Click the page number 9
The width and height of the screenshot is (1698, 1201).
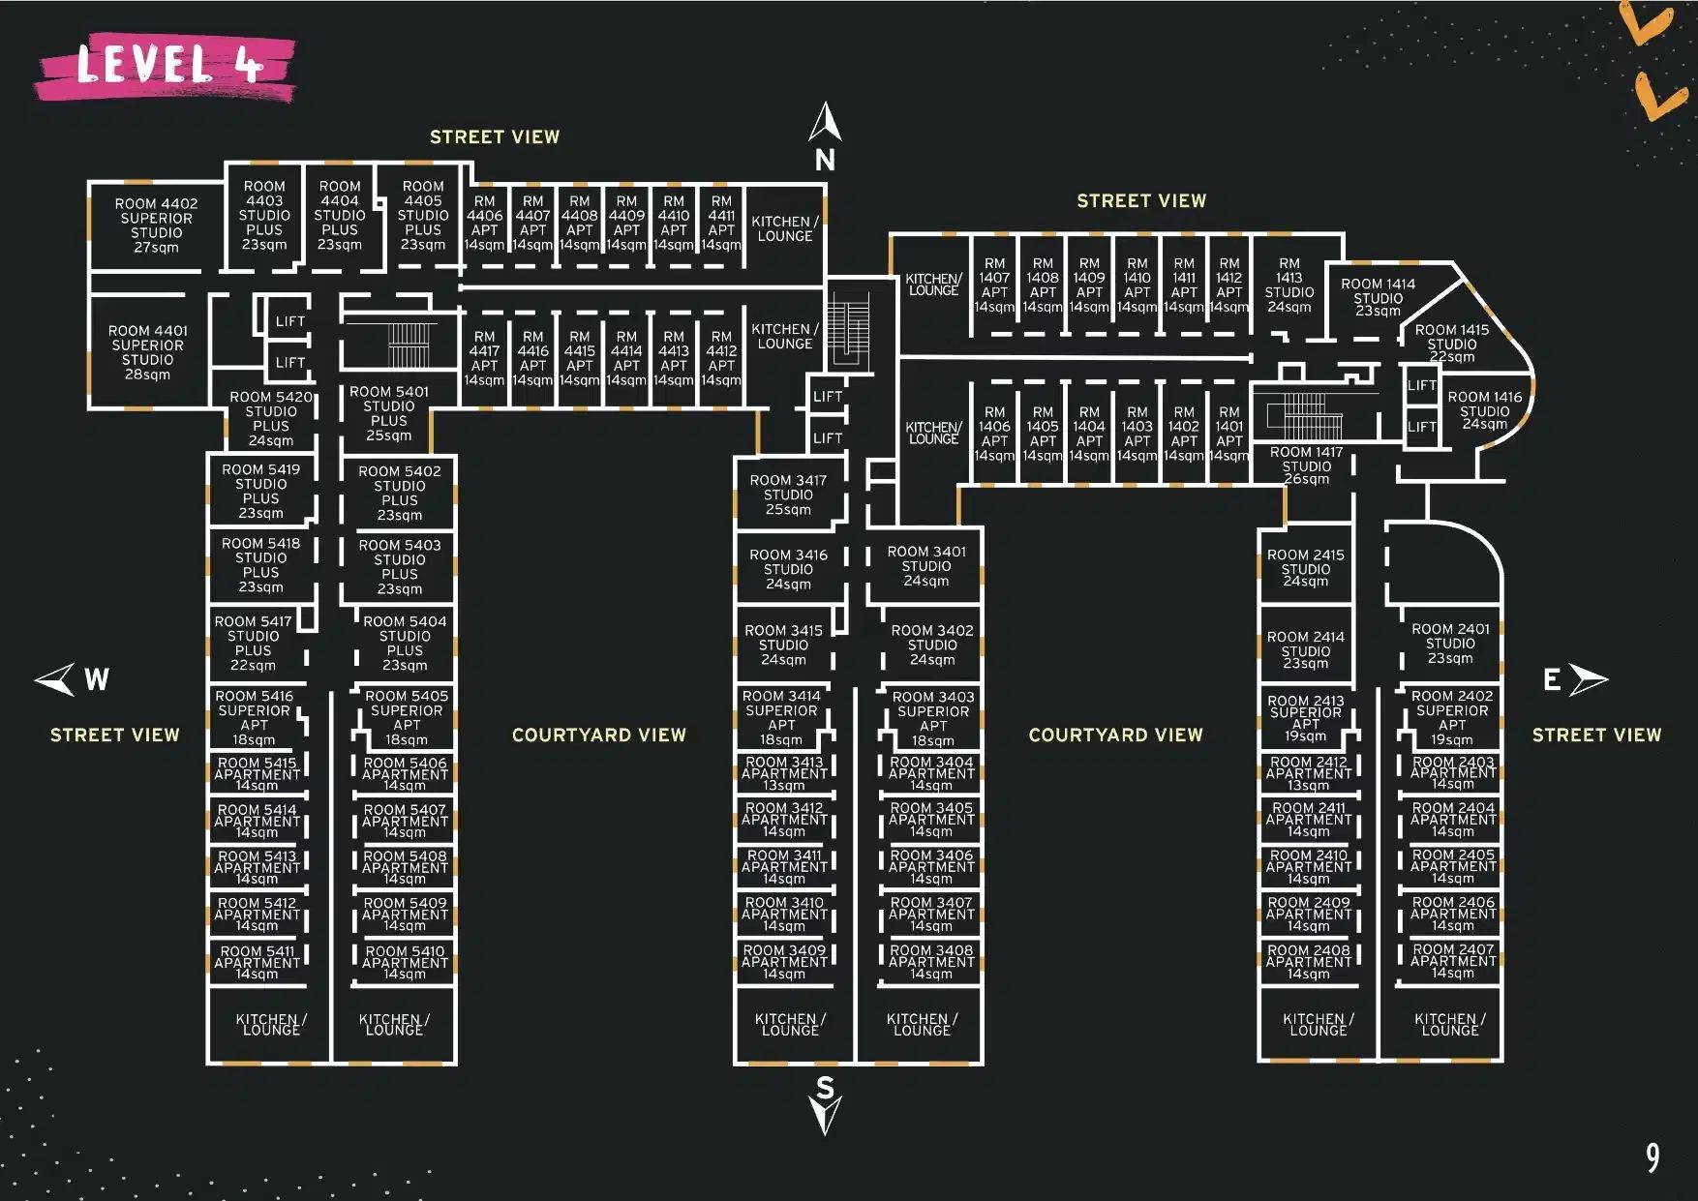[x=1652, y=1157]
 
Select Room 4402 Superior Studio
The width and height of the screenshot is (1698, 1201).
[x=156, y=225]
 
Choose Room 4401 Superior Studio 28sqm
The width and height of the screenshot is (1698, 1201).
[x=148, y=352]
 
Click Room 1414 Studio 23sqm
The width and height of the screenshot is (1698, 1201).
[x=1378, y=297]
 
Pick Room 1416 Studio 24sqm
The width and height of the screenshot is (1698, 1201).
[x=1484, y=410]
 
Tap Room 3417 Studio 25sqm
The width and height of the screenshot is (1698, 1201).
[x=788, y=495]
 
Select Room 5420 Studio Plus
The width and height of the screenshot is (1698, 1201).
[x=271, y=418]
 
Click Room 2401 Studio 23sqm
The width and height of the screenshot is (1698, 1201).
[x=1449, y=644]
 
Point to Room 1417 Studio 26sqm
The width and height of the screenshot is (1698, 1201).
[x=1306, y=465]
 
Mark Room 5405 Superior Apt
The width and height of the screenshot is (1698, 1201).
[x=407, y=717]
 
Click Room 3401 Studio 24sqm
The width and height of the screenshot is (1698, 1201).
[x=926, y=566]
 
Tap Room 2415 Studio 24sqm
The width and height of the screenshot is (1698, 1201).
[x=1305, y=568]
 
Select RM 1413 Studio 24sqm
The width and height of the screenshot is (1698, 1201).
[x=1289, y=285]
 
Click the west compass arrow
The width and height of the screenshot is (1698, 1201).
[x=57, y=678]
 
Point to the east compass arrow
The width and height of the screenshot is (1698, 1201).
[x=1588, y=679]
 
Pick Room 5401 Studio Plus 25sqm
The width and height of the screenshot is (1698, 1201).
[x=388, y=413]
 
